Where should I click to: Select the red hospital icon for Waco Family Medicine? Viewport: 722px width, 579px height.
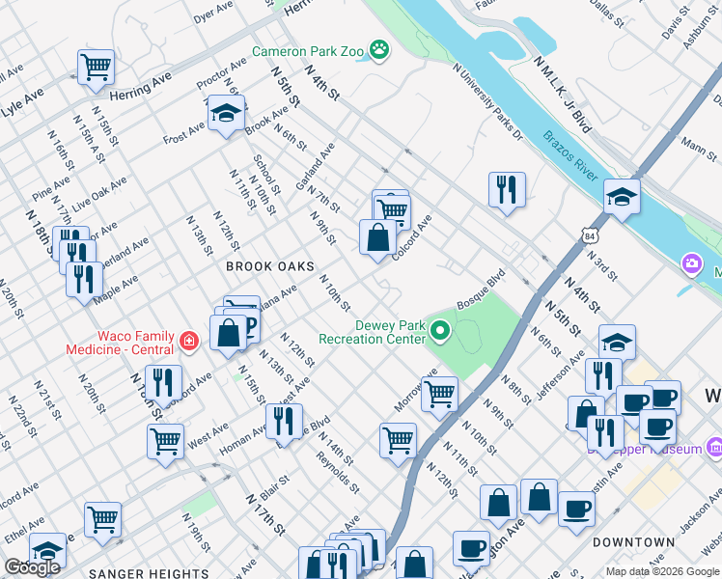187,341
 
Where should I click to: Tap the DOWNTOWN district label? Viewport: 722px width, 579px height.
633,542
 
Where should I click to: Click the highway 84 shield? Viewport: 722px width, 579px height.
590,234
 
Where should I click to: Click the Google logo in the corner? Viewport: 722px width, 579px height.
32,567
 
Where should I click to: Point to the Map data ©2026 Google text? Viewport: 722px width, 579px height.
663,571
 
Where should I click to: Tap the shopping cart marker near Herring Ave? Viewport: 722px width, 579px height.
96,67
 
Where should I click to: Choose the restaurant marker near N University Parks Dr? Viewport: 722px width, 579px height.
507,188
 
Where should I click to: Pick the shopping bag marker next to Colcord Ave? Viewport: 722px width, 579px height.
377,236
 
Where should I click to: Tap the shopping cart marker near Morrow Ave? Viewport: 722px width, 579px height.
439,393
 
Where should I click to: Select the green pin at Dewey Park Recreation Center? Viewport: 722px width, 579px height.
441,333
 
